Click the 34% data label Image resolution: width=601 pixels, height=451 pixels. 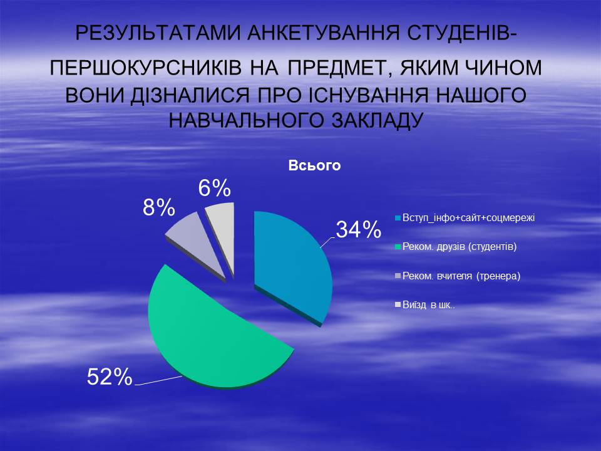[358, 230]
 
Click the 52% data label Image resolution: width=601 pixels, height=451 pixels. [110, 376]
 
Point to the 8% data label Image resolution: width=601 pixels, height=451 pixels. [159, 208]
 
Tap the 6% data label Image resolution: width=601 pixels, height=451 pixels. [214, 188]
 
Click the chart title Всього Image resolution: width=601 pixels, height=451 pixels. [314, 165]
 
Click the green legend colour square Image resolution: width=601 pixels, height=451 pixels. [398, 247]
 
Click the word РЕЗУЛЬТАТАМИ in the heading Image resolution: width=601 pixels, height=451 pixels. [158, 33]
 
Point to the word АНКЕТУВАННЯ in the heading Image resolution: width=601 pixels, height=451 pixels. [324, 33]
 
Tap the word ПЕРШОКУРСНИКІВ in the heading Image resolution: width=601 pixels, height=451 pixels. [146, 68]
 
